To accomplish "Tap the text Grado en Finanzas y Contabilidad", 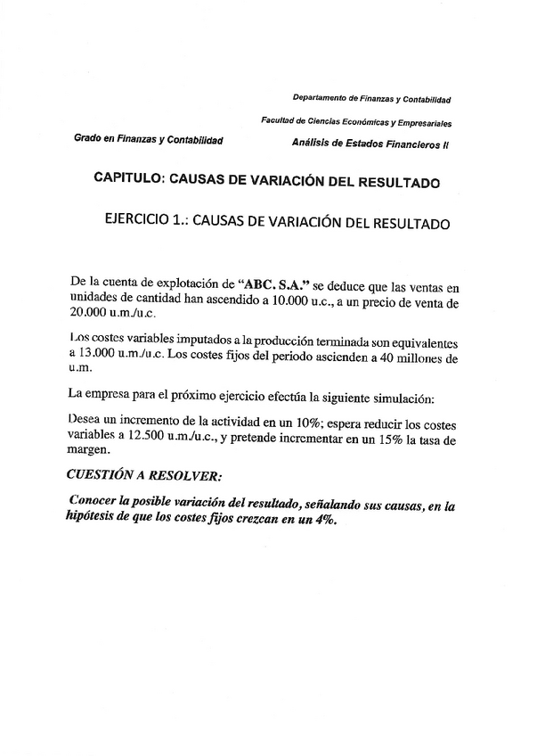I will pos(149,139).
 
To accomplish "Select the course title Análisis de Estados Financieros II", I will pos(370,143).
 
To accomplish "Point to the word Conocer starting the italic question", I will pos(98,505).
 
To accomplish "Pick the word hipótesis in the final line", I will pos(98,522).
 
